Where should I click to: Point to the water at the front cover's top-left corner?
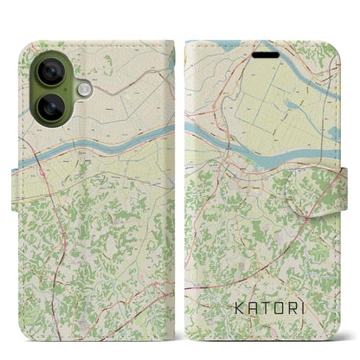(x=208, y=47)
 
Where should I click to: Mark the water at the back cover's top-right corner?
(x=171, y=55)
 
